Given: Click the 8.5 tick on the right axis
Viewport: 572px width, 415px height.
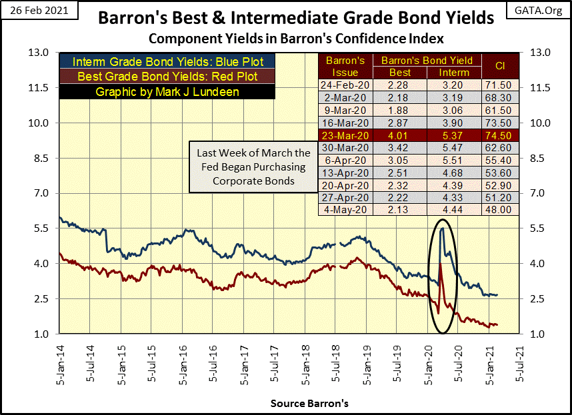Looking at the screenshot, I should (539, 158).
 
